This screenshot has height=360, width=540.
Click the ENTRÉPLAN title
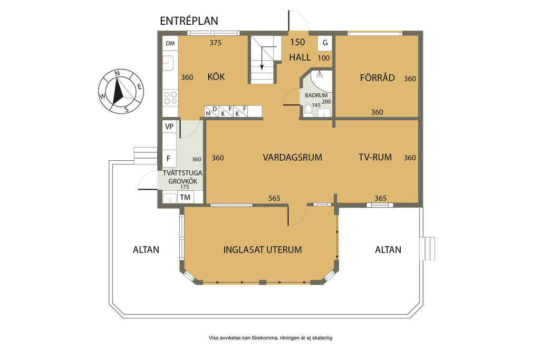(189, 21)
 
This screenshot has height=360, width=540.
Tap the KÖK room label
(216, 76)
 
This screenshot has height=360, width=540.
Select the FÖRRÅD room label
(378, 77)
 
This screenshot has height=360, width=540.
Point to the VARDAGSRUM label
(292, 157)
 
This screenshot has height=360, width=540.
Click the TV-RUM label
(375, 157)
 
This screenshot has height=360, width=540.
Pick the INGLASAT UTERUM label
(263, 249)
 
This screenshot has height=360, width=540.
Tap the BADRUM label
(316, 95)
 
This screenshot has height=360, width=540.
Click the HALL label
(300, 57)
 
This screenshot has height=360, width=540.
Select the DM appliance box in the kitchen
(170, 43)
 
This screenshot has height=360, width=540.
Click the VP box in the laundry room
(169, 127)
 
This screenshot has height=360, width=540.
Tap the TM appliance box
(185, 197)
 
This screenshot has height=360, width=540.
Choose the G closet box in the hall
(325, 43)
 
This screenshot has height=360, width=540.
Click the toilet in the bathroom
(308, 109)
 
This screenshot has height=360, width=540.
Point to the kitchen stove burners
(170, 98)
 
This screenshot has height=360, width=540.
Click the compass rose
(121, 91)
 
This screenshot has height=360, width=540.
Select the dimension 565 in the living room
(274, 198)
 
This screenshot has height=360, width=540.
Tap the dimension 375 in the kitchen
(216, 43)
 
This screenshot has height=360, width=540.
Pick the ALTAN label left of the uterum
(146, 249)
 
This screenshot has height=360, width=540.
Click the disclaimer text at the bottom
(271, 338)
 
